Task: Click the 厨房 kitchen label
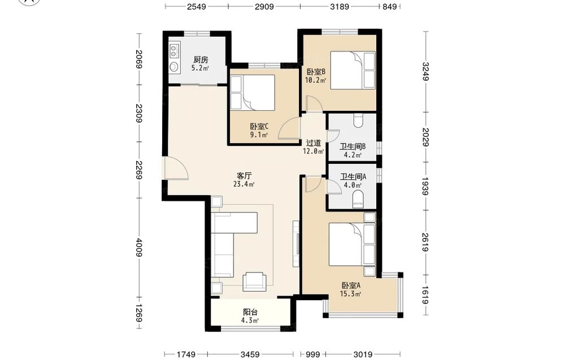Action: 201,59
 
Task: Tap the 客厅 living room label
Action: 244,176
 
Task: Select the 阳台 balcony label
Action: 250,312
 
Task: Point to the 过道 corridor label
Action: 313,143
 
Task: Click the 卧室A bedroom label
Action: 351,285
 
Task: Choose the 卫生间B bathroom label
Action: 353,147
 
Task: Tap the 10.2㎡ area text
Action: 316,80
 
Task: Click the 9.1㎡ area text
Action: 259,135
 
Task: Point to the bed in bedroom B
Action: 353,70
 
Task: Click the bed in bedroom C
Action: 253,92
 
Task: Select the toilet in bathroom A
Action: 358,199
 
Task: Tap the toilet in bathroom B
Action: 358,120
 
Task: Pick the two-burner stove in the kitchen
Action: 175,51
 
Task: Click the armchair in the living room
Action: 255,281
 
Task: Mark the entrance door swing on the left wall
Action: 175,168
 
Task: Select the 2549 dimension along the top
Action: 197,6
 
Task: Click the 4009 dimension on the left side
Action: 140,248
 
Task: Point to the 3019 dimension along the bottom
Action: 362,354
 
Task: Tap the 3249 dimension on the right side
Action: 426,72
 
